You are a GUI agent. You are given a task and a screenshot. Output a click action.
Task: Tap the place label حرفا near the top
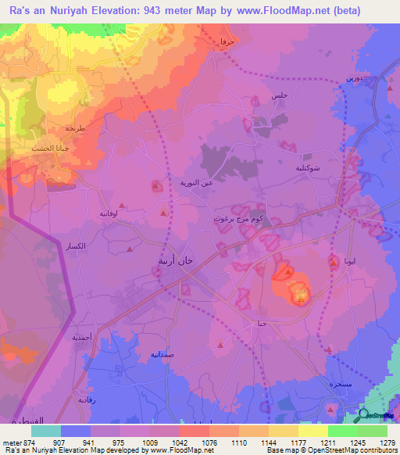[227, 40]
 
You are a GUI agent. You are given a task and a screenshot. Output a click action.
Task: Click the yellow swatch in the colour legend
[312, 431]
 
